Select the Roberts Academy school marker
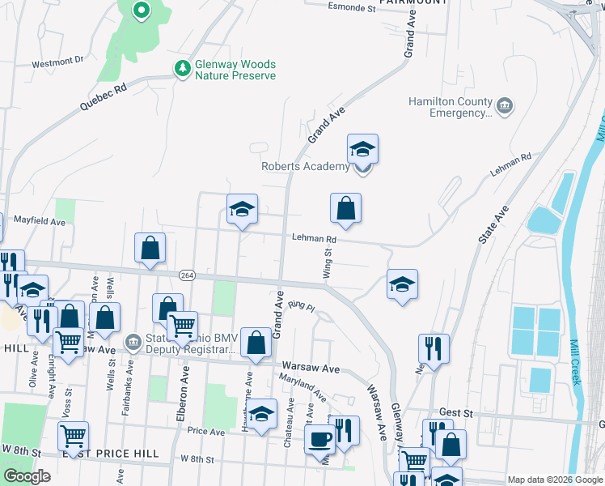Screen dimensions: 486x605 pos(362,151)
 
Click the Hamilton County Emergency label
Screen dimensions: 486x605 pos(451,108)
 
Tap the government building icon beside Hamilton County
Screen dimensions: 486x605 pos(505,106)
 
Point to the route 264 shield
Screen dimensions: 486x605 pos(188,275)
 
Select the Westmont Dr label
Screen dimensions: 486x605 pos(57,61)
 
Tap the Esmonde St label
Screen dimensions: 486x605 pos(352,9)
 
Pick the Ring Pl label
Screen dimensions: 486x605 pos(300,306)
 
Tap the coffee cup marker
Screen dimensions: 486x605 pos(319,440)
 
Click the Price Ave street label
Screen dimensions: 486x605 pos(205,432)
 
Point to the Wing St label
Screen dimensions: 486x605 pos(328,264)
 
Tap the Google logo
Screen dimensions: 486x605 pos(27,476)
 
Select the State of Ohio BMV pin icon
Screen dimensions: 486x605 pos(133,339)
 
